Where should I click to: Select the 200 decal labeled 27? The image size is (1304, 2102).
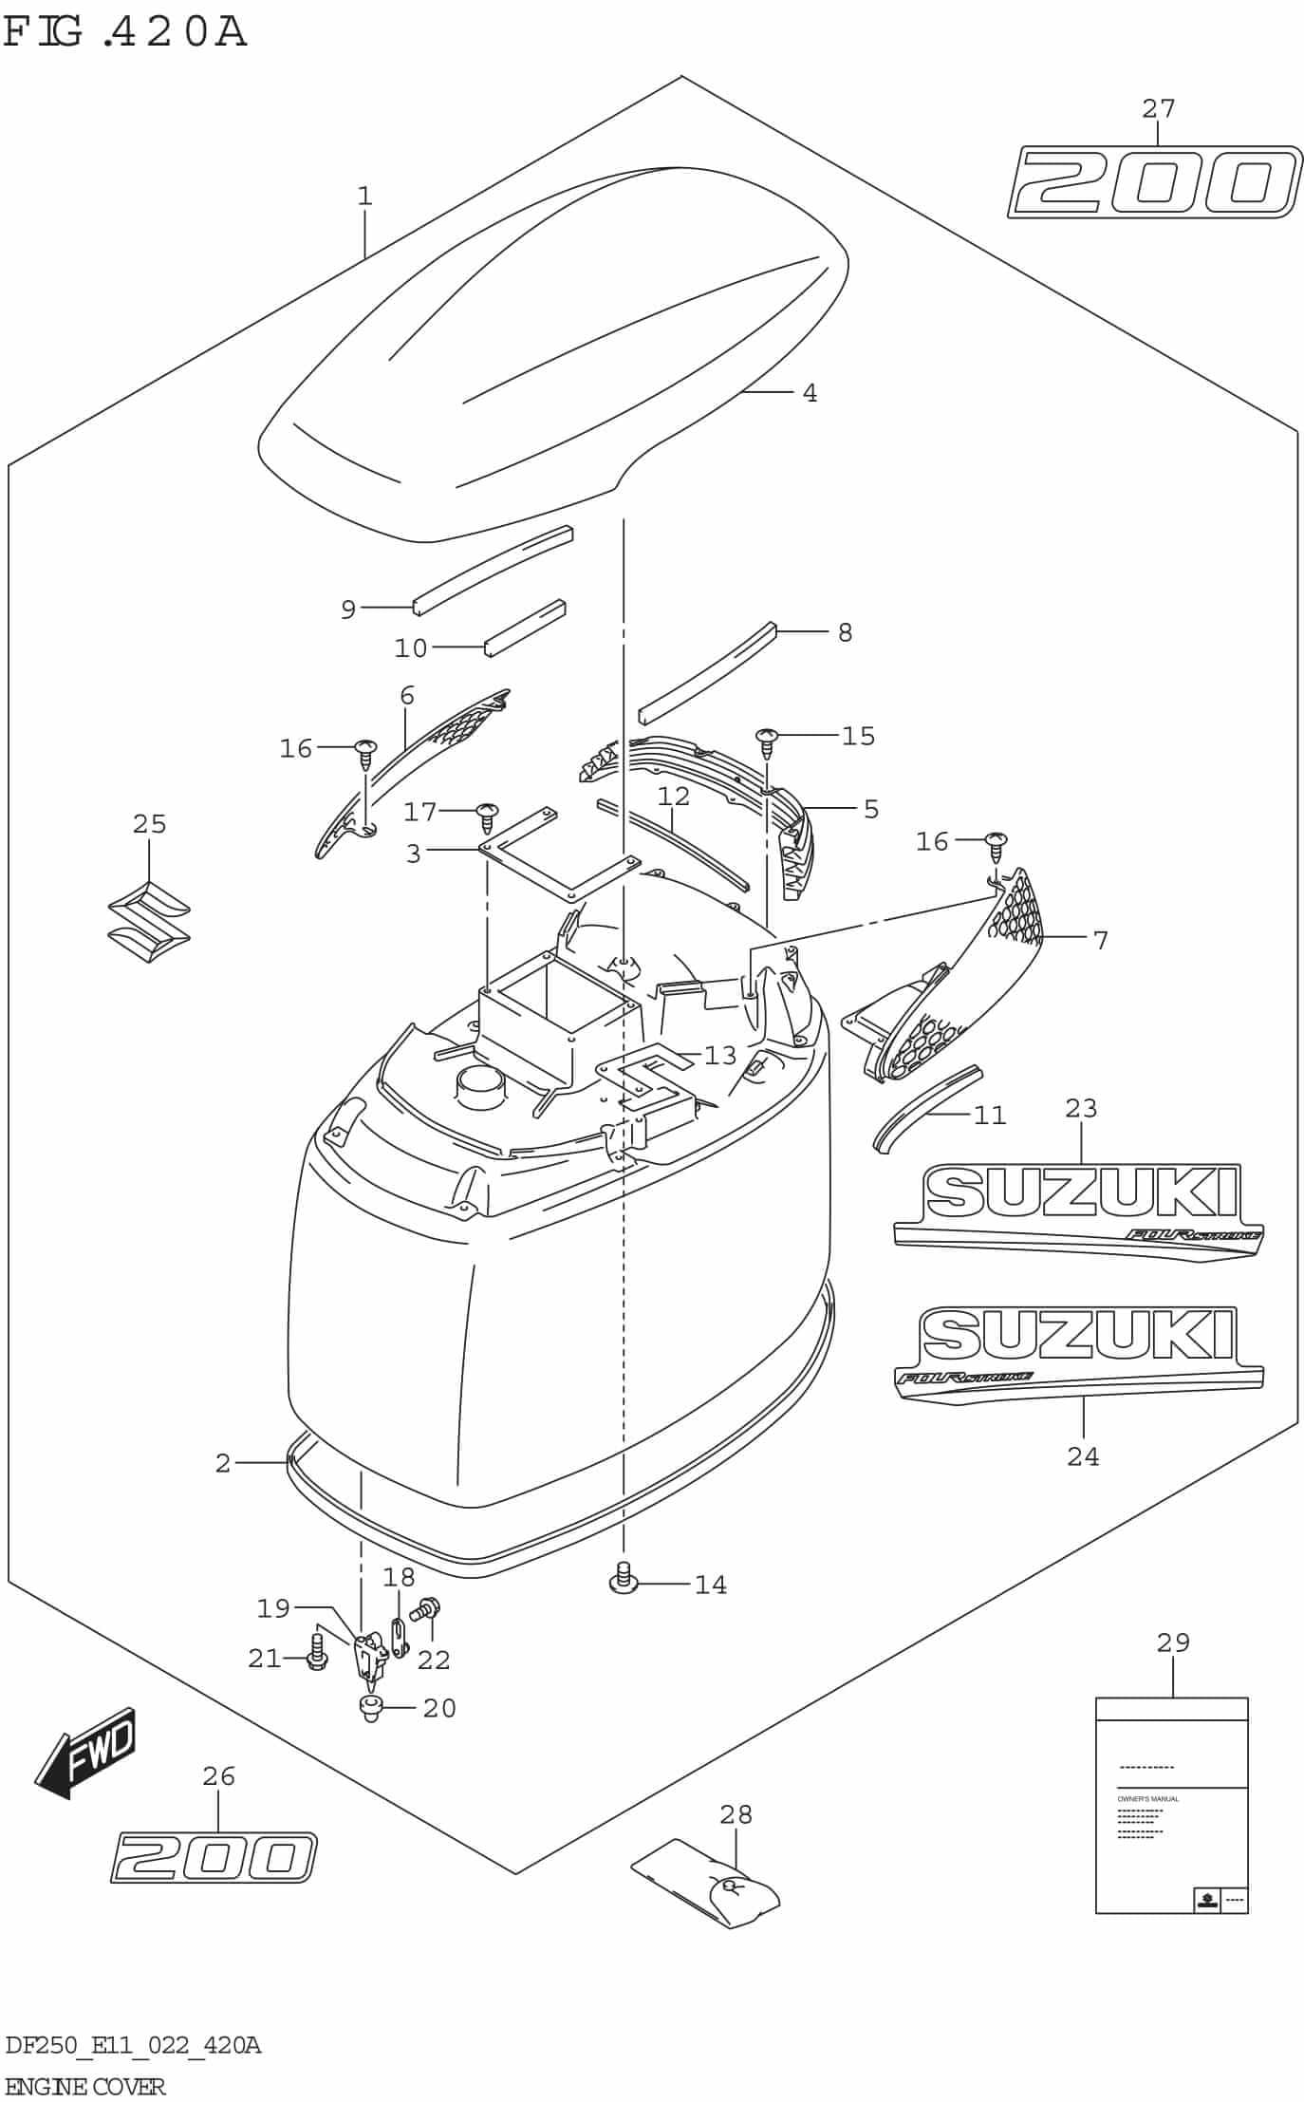coord(1154,181)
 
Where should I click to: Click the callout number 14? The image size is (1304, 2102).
coord(710,1585)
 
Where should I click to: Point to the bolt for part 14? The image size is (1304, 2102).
coord(622,1578)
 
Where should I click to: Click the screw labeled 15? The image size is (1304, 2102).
coord(767,741)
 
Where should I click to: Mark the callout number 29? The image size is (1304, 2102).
coord(1173,1642)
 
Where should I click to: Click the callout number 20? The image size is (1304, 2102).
coord(439,1708)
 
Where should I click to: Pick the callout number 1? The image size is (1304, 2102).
coord(364,197)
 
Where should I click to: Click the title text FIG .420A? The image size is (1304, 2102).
coord(125,30)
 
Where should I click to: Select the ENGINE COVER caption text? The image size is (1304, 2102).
coord(85,2086)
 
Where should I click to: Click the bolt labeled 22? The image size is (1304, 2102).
coord(425,1608)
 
